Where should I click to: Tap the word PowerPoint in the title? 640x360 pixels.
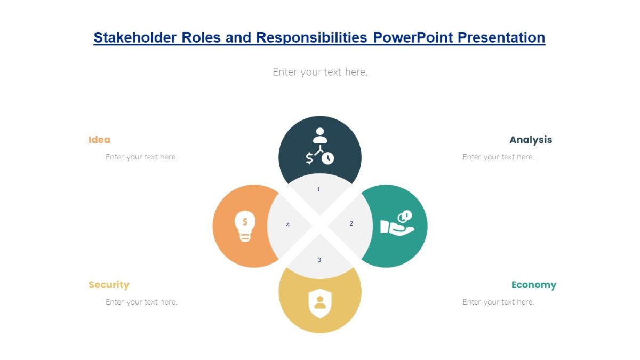(413, 37)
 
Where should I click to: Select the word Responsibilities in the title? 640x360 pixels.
(311, 37)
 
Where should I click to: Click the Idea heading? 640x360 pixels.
(99, 140)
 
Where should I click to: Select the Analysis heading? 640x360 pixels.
(531, 140)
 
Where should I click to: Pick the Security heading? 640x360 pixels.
(109, 285)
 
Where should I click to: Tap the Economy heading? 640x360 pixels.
(533, 285)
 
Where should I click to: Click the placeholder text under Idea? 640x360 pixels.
(141, 157)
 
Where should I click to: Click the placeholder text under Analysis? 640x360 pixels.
(498, 157)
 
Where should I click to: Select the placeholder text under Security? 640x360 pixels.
(141, 302)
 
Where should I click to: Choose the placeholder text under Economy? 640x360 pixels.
(498, 302)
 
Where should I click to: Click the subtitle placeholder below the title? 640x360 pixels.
(320, 71)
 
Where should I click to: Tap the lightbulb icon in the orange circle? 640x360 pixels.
(245, 227)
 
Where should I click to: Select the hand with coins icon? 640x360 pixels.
(397, 223)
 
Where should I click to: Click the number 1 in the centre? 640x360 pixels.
(318, 189)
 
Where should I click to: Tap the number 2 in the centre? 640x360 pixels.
(351, 223)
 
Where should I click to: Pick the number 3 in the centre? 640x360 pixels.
(319, 260)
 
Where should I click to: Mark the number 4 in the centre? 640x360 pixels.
(288, 225)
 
